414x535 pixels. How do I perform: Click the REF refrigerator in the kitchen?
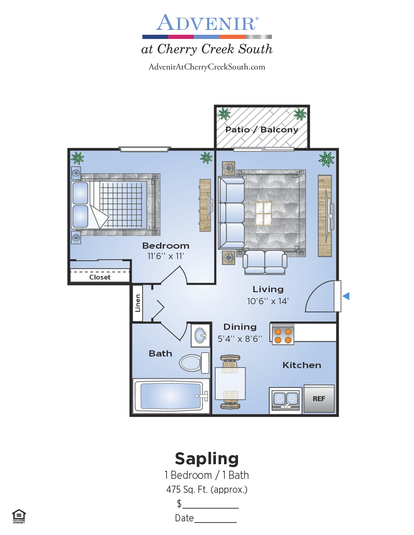[319, 398]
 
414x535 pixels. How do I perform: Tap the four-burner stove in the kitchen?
[283, 336]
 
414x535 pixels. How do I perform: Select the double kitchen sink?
[285, 400]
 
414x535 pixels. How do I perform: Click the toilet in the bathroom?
[194, 363]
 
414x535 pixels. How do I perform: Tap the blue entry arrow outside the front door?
[346, 296]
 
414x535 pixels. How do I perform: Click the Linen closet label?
[138, 303]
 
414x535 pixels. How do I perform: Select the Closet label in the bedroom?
[100, 277]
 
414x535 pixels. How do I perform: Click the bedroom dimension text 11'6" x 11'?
[166, 256]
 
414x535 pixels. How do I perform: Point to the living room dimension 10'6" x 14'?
[268, 301]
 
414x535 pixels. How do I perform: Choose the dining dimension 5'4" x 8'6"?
[240, 339]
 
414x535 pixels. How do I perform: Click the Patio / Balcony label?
[262, 130]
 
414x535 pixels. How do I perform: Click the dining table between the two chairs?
[230, 383]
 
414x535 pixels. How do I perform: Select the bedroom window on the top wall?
[145, 149]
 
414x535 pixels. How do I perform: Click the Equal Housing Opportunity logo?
[19, 516]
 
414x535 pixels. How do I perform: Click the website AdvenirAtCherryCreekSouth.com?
[207, 67]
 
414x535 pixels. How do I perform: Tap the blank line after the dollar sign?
[210, 508]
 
